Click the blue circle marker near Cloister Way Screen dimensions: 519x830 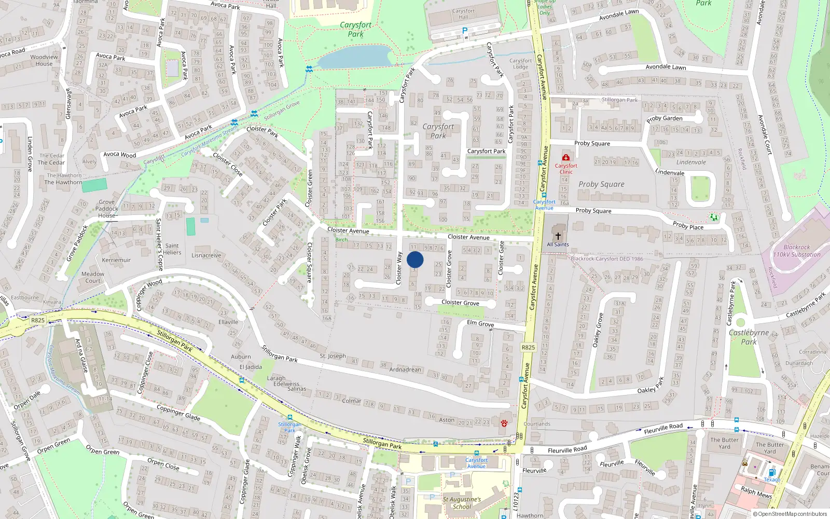415,259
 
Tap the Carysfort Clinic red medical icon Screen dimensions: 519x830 566,157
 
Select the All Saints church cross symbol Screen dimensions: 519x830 558,236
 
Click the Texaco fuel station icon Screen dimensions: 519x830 772,472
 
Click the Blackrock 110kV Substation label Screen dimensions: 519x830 797,251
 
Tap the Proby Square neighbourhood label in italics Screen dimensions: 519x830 601,184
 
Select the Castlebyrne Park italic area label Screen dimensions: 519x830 749,337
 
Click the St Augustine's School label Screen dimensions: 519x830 462,503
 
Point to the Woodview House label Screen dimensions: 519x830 44,60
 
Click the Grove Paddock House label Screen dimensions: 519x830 107,209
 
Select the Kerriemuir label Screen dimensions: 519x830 116,260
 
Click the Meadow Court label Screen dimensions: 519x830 93,277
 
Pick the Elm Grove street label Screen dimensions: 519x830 480,323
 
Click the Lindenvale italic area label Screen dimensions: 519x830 691,162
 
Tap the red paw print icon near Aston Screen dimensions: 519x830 504,424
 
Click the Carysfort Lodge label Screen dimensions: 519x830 521,64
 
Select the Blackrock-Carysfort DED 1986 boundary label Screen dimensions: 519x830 607,258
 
